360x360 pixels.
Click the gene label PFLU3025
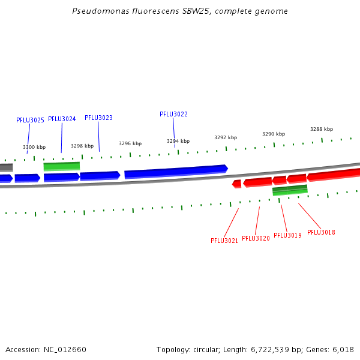click(x=30, y=120)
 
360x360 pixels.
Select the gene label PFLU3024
click(x=62, y=119)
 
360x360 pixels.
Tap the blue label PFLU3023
click(x=98, y=118)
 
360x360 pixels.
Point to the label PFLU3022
click(x=173, y=114)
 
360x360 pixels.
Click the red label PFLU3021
click(x=224, y=241)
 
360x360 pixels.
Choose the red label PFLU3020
click(x=256, y=238)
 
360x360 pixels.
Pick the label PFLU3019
click(x=287, y=235)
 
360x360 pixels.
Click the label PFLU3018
click(x=321, y=232)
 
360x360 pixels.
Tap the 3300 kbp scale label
click(x=34, y=147)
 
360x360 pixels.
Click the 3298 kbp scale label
click(x=82, y=146)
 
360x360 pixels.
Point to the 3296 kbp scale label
click(x=130, y=143)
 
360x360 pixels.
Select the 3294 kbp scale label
click(x=178, y=141)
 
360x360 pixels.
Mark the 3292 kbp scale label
click(x=226, y=137)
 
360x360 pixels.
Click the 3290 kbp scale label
click(x=274, y=134)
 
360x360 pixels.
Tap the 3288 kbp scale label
click(x=322, y=129)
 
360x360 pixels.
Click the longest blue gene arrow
click(x=176, y=172)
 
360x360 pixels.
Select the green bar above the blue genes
click(x=61, y=166)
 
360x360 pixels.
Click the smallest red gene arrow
click(x=237, y=184)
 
